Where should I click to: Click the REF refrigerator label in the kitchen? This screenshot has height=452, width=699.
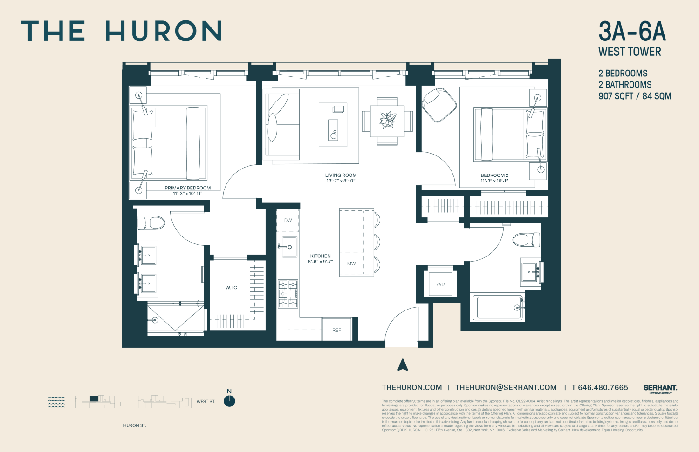tap(336, 330)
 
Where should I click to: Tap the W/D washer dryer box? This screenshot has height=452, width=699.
tap(440, 284)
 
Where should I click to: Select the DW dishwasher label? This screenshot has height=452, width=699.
tap(288, 221)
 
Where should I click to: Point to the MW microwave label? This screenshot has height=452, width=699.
tap(351, 264)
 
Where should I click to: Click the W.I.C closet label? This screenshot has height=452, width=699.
tap(231, 288)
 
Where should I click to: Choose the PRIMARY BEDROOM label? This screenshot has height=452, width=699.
tap(187, 188)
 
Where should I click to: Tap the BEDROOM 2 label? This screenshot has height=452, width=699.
tap(494, 175)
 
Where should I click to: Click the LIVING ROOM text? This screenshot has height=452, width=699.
tap(341, 175)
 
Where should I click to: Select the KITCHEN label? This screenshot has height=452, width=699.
tap(321, 256)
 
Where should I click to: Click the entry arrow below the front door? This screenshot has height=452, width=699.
tap(403, 365)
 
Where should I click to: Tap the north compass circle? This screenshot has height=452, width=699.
tap(229, 401)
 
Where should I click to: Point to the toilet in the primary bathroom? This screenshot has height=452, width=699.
tap(152, 223)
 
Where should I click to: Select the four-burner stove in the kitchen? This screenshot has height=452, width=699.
tap(288, 294)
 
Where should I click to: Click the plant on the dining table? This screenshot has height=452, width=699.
tap(388, 120)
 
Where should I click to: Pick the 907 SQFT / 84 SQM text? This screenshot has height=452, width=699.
tap(635, 96)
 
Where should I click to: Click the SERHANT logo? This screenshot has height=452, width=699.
tap(660, 388)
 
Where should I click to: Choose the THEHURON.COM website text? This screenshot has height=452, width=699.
tap(412, 387)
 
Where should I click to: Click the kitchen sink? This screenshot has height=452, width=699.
tap(289, 247)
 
